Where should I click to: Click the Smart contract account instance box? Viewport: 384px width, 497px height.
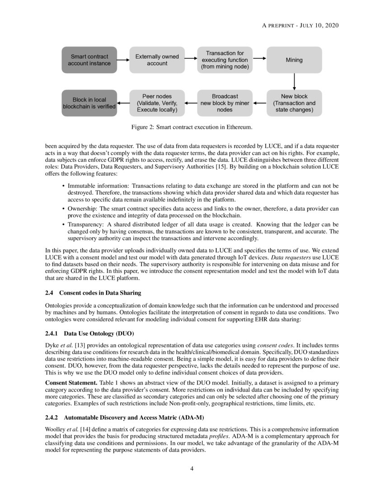click(89, 60)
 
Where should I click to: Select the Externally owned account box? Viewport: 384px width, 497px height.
click(157, 60)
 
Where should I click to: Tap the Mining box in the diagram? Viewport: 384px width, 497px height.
click(294, 60)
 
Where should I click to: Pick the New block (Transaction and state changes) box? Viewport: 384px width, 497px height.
click(294, 103)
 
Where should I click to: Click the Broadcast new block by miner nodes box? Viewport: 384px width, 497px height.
click(225, 103)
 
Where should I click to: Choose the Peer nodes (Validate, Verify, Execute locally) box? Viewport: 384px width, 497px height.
click(157, 103)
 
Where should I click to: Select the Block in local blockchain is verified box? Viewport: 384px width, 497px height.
click(89, 103)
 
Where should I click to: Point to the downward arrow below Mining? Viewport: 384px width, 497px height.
click(294, 81)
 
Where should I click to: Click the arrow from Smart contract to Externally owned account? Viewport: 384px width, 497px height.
click(123, 60)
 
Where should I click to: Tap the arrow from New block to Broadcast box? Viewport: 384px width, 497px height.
click(260, 103)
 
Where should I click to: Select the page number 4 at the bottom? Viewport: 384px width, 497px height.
click(192, 469)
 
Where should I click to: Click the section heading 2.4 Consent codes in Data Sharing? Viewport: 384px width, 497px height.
click(93, 293)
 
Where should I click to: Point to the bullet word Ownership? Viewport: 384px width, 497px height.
click(83, 209)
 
